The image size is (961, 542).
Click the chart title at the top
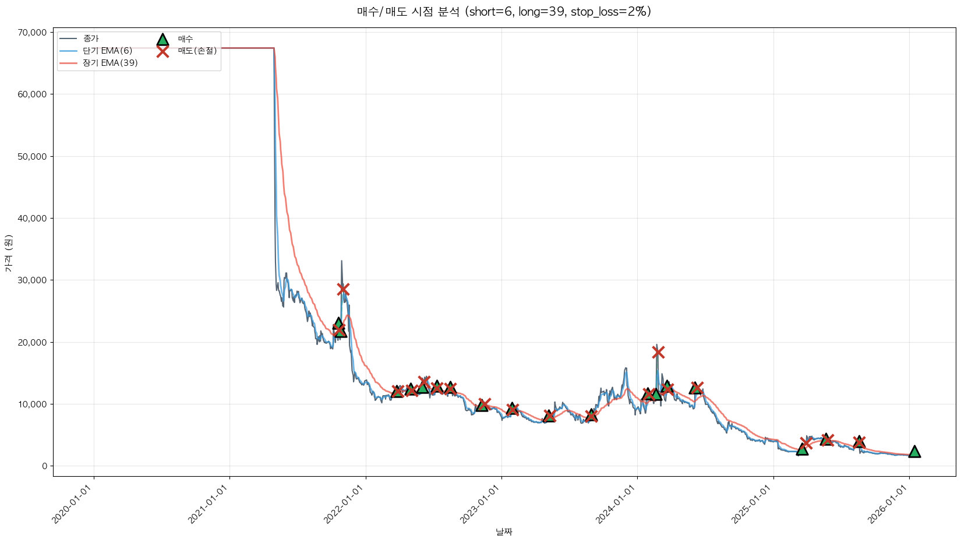[504, 12]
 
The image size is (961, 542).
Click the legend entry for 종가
[91, 38]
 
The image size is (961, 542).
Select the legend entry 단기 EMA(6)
[107, 51]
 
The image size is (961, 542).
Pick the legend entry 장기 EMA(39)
[110, 63]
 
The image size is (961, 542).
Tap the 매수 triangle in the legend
[162, 39]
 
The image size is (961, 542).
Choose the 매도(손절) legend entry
[197, 51]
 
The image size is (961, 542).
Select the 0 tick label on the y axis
[44, 466]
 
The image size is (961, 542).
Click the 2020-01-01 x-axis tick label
[73, 505]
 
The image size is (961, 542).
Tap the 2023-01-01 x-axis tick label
[480, 505]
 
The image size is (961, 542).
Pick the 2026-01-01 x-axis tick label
[888, 505]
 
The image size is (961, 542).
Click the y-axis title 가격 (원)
[8, 254]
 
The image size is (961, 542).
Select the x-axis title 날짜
[504, 532]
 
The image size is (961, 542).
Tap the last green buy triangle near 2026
[914, 452]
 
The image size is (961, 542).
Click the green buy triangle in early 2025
[802, 449]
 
